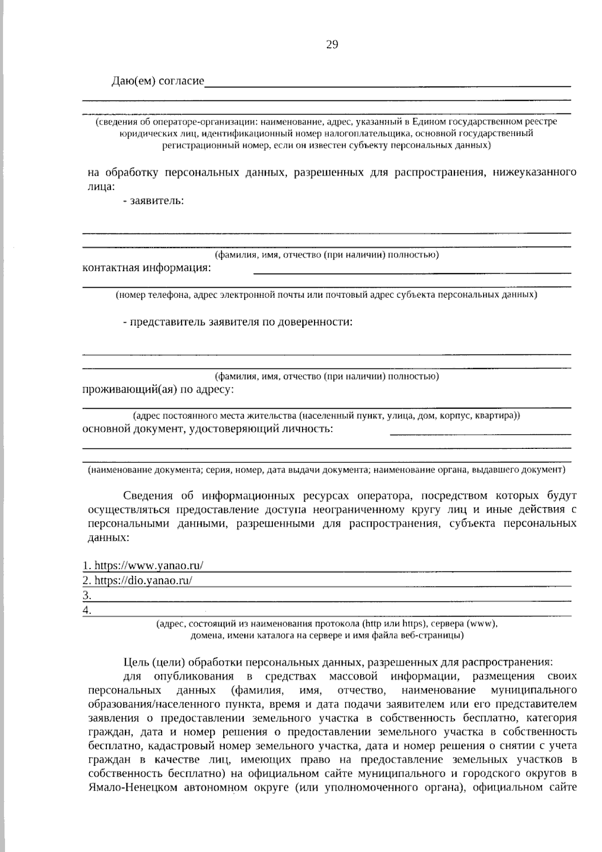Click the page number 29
[332, 45]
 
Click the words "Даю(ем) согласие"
[158, 81]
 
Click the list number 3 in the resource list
[87, 595]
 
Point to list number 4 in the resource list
[87, 611]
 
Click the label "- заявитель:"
[153, 201]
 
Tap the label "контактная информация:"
[146, 268]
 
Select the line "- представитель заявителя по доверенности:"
[238, 322]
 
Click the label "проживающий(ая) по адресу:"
[158, 390]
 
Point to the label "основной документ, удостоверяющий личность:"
[207, 429]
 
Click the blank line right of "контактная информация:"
[412, 272]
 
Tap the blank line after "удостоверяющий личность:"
[480, 432]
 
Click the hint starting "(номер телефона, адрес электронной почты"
[326, 295]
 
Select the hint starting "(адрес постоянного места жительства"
[326, 416]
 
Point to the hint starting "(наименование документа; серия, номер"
[326, 470]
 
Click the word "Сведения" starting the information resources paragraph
[148, 496]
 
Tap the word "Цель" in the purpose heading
[135, 661]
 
